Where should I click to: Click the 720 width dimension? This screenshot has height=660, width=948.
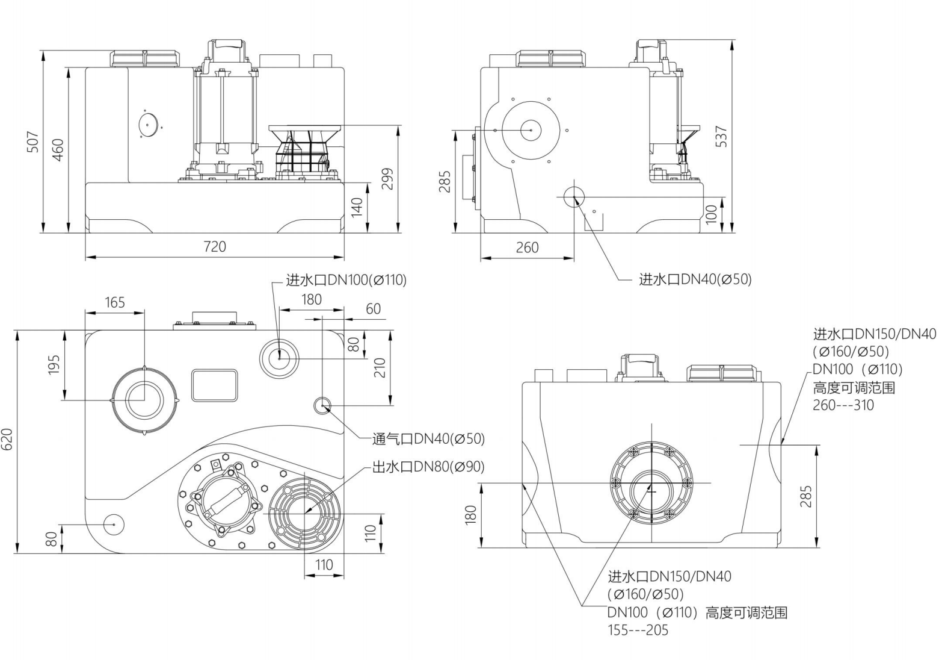[215, 246]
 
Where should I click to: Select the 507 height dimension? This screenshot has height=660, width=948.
[33, 142]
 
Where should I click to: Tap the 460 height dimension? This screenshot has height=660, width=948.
[58, 150]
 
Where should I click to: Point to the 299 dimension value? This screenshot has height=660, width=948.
[389, 178]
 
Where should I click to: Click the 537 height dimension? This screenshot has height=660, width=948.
[721, 136]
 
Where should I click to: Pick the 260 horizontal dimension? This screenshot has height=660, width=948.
[527, 247]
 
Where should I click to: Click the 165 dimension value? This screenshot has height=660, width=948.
[114, 302]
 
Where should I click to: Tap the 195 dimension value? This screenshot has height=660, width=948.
[54, 365]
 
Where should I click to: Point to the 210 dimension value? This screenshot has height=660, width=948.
[380, 367]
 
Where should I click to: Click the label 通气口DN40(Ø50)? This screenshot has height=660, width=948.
[428, 439]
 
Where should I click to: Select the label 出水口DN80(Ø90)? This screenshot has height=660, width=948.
[428, 467]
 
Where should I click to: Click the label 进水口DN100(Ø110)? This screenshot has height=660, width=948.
[346, 280]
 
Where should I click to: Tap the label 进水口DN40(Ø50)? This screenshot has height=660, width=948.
[695, 279]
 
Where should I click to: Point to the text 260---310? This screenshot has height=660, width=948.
[843, 405]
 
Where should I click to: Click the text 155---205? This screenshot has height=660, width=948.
[638, 630]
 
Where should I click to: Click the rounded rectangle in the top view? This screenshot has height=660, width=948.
[214, 385]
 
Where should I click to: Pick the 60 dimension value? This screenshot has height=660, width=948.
[373, 309]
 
